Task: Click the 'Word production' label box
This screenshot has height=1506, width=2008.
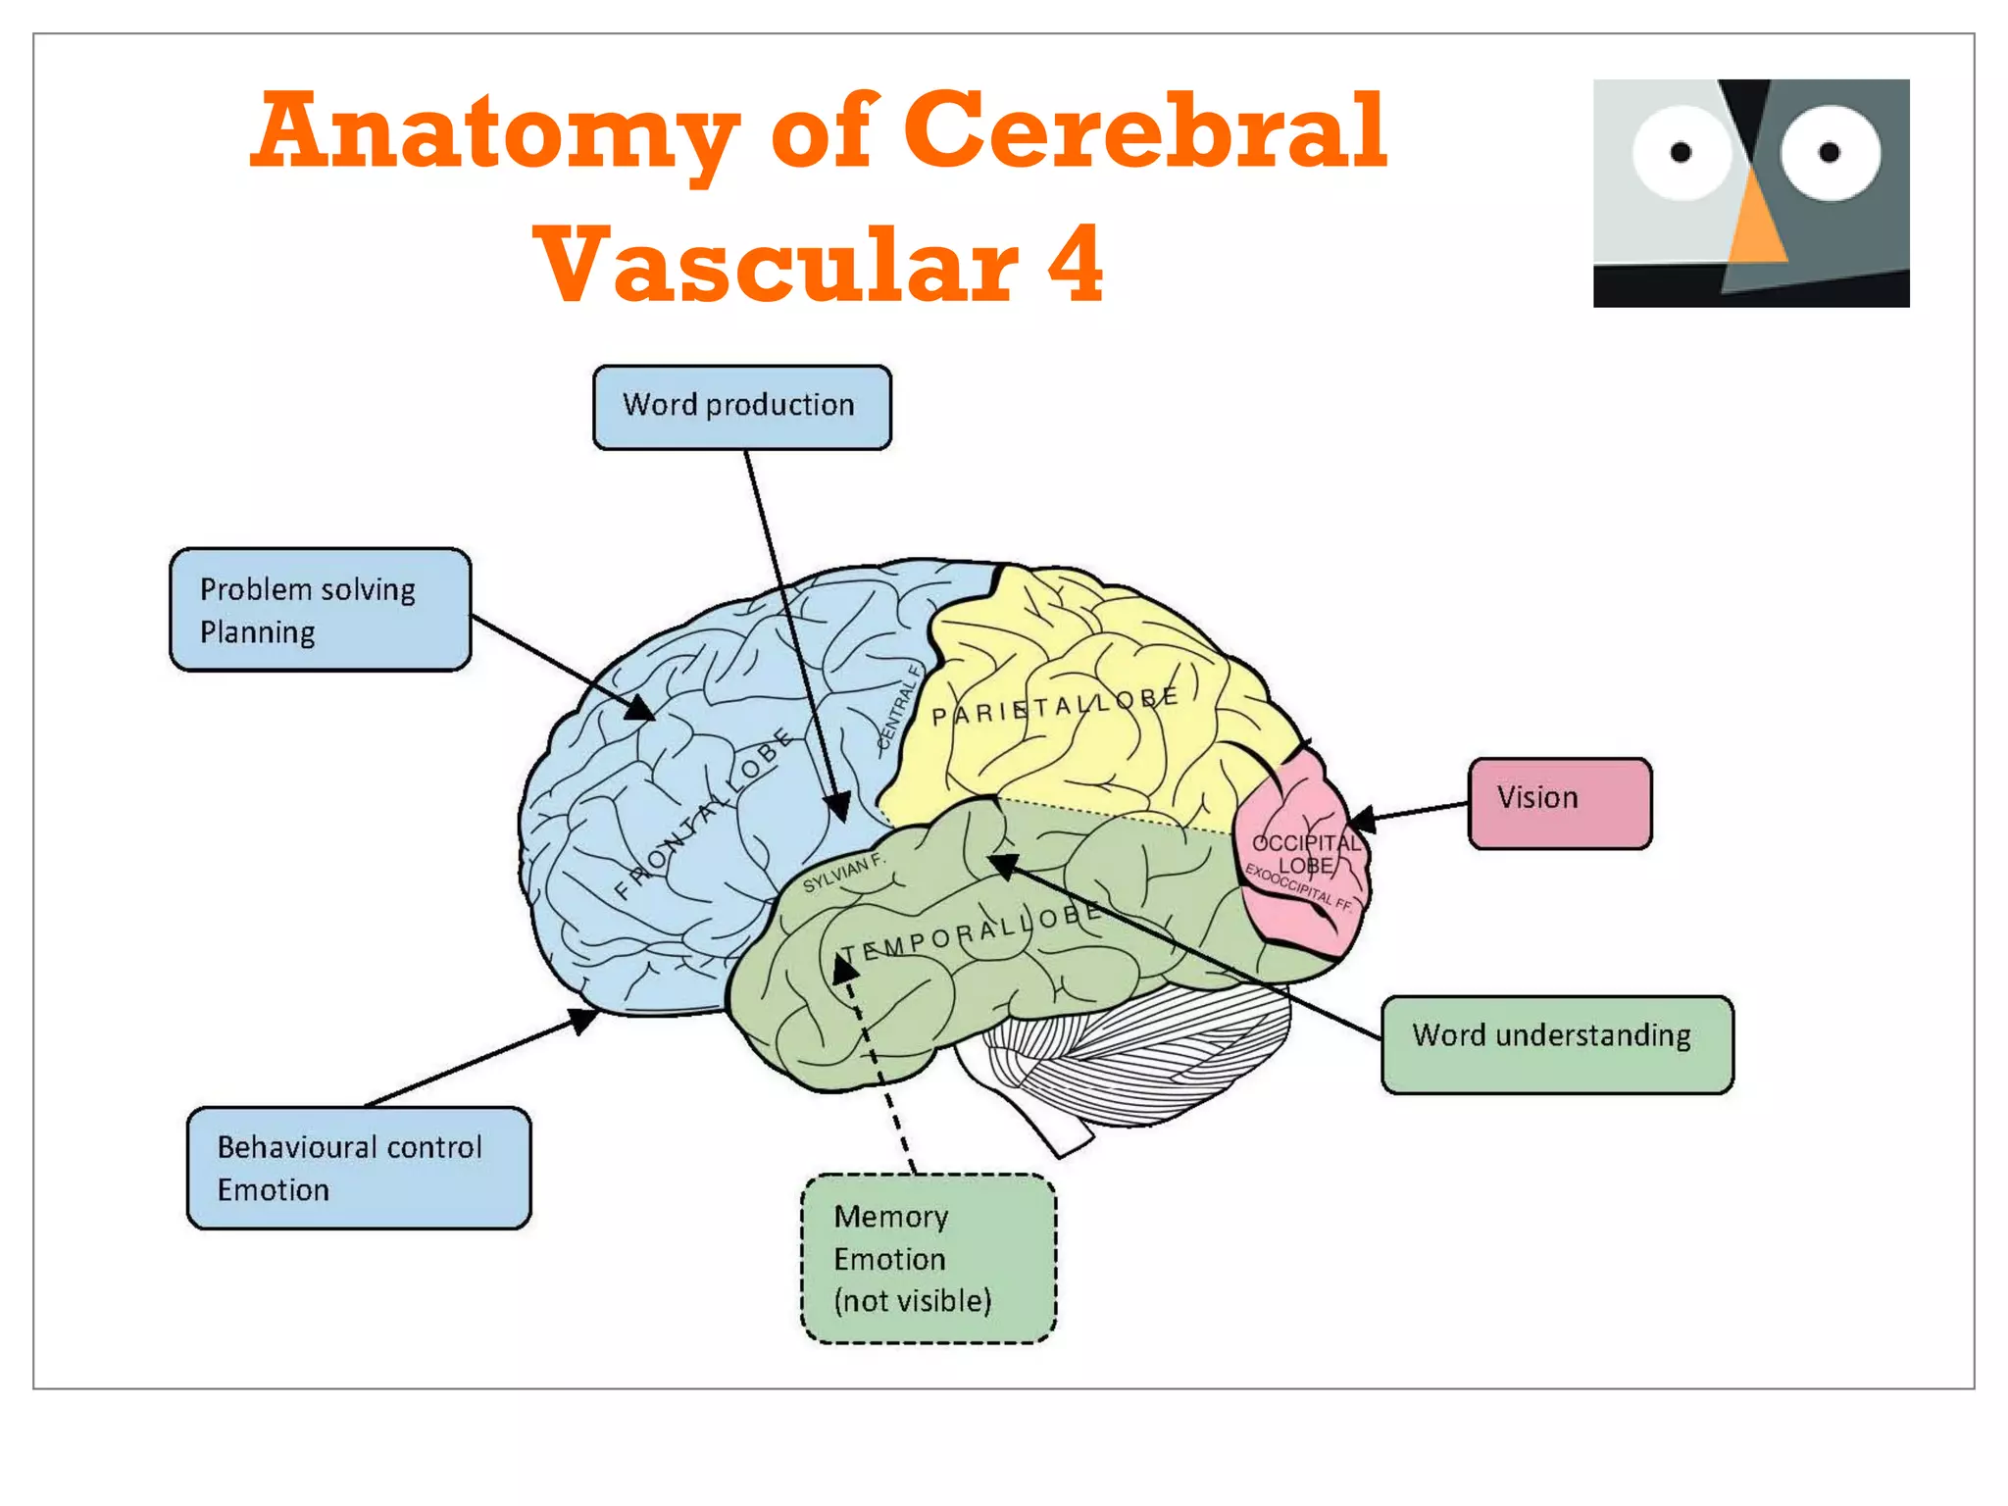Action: [x=741, y=407]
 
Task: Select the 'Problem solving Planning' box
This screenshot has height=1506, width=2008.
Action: [x=320, y=609]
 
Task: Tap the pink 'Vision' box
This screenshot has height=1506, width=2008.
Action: [x=1559, y=802]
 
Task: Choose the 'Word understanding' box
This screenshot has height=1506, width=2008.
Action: [x=1556, y=1043]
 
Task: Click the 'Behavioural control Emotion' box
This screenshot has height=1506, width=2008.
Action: [x=359, y=1167]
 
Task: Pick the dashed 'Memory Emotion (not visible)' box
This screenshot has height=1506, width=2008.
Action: [x=928, y=1258]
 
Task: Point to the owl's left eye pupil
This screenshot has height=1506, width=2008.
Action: [x=1681, y=152]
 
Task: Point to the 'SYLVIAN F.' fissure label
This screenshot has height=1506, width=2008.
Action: [x=843, y=873]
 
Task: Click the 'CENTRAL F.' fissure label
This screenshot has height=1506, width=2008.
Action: [x=899, y=706]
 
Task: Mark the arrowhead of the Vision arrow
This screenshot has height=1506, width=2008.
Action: [x=1362, y=820]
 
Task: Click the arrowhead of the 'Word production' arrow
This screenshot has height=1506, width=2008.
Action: [x=838, y=807]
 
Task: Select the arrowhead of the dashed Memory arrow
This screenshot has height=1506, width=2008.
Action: [x=844, y=969]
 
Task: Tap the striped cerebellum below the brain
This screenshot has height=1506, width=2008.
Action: [x=1128, y=1059]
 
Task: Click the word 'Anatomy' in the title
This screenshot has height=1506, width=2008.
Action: [x=496, y=131]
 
